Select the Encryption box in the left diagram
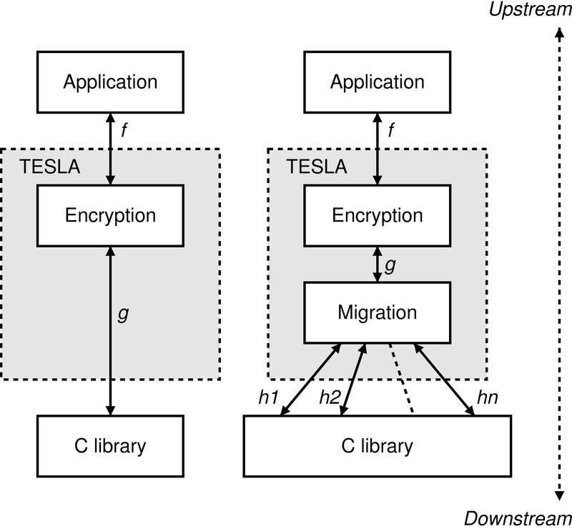pos(110,215)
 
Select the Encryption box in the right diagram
pos(377,215)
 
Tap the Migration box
pos(377,312)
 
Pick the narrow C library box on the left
pos(110,447)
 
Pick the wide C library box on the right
pos(377,447)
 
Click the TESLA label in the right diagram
pos(317,168)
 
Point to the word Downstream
pos(518,518)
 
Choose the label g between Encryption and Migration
pos(390,264)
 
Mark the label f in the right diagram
pos(391,131)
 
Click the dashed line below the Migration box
pos(400,379)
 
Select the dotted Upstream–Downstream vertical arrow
pos(557,264)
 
